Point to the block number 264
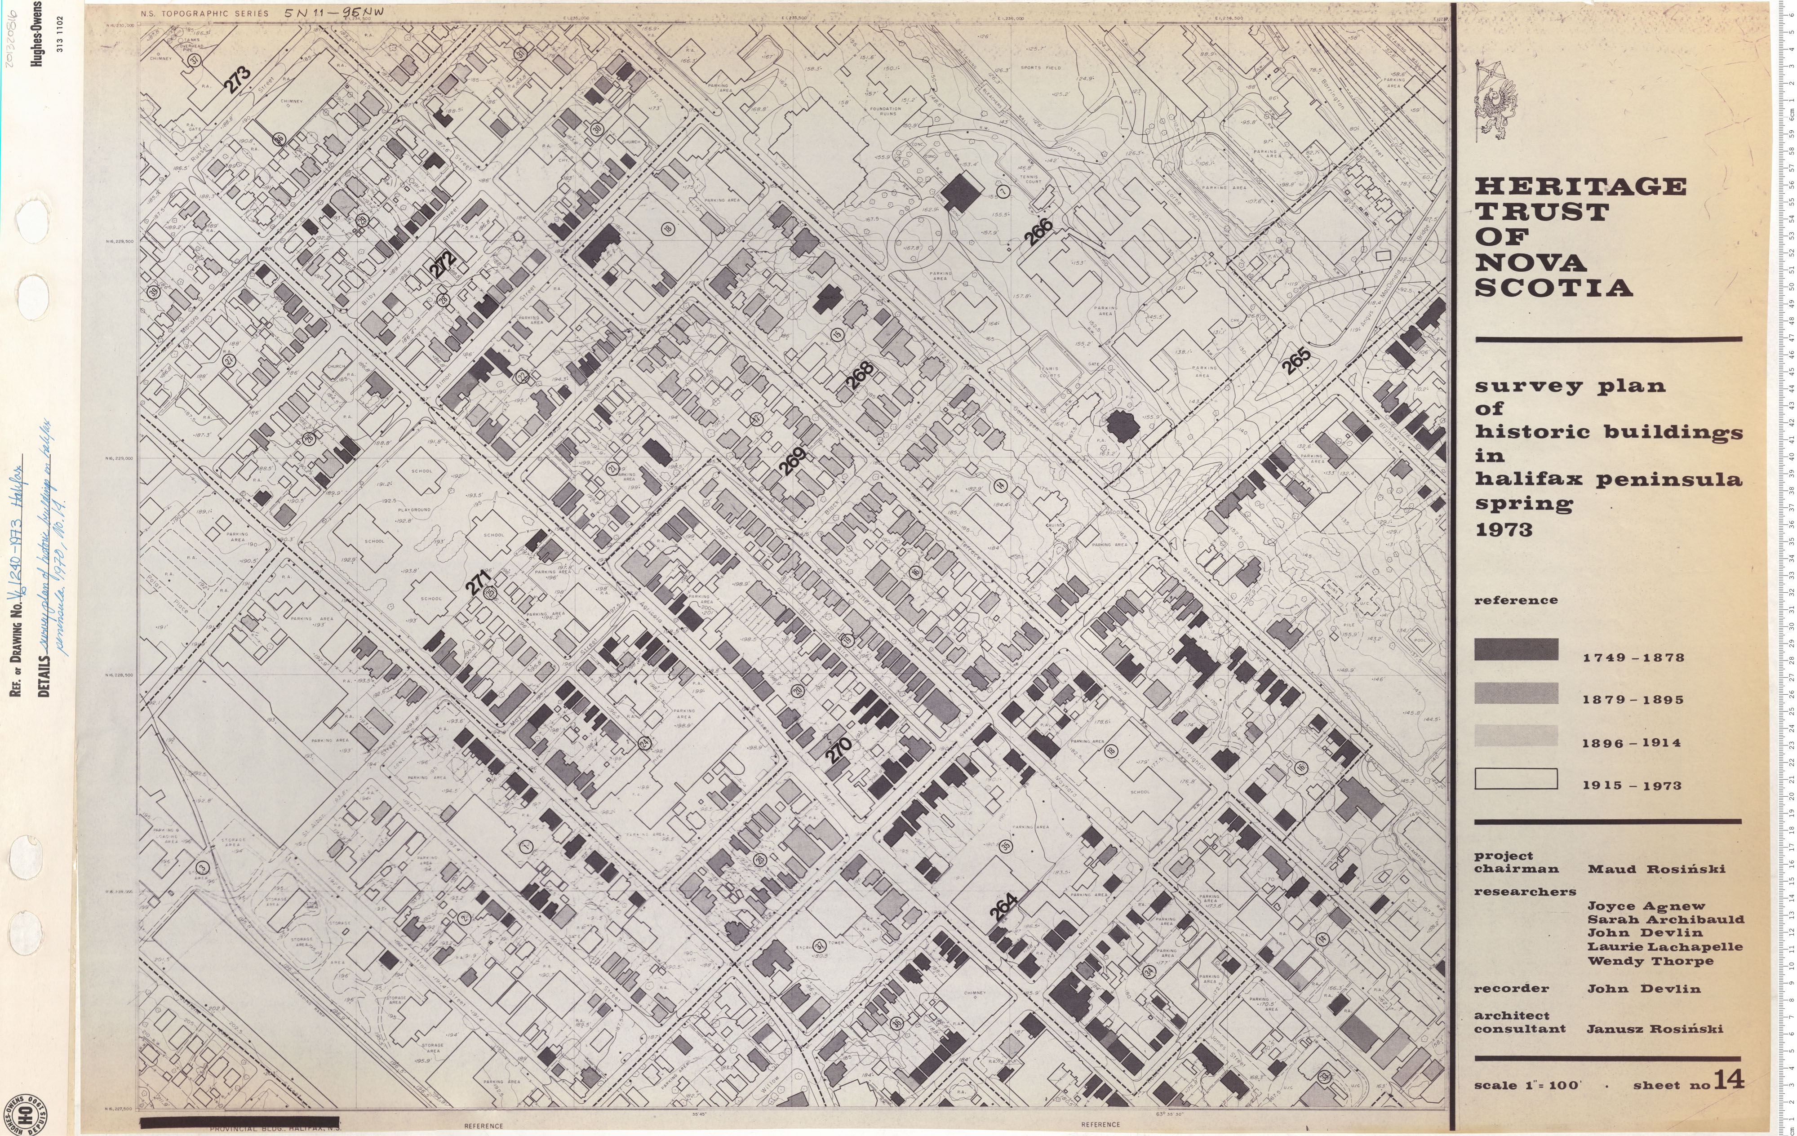[x=1004, y=908]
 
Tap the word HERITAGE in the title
[x=1580, y=186]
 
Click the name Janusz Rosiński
[x=1655, y=1029]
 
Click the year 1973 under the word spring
[x=1504, y=530]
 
